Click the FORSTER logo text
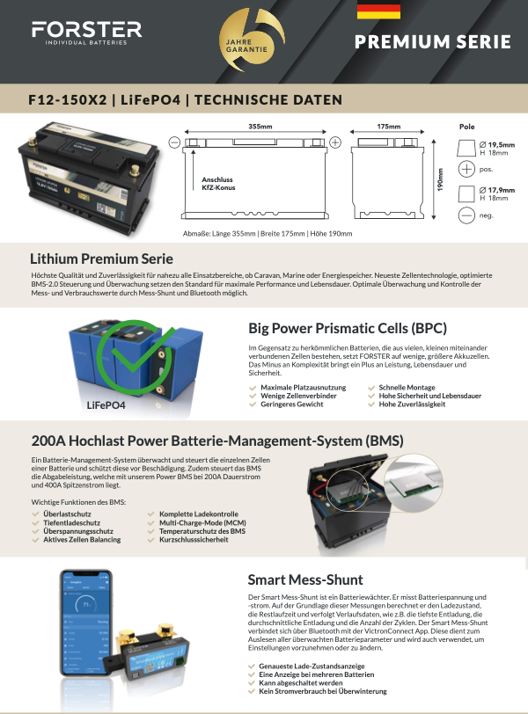(86, 29)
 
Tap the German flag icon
(378, 11)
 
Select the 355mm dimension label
(260, 127)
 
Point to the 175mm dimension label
(388, 127)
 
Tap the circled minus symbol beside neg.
(467, 214)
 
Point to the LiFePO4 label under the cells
(106, 406)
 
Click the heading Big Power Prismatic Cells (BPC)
(348, 329)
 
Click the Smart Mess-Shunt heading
(305, 579)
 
